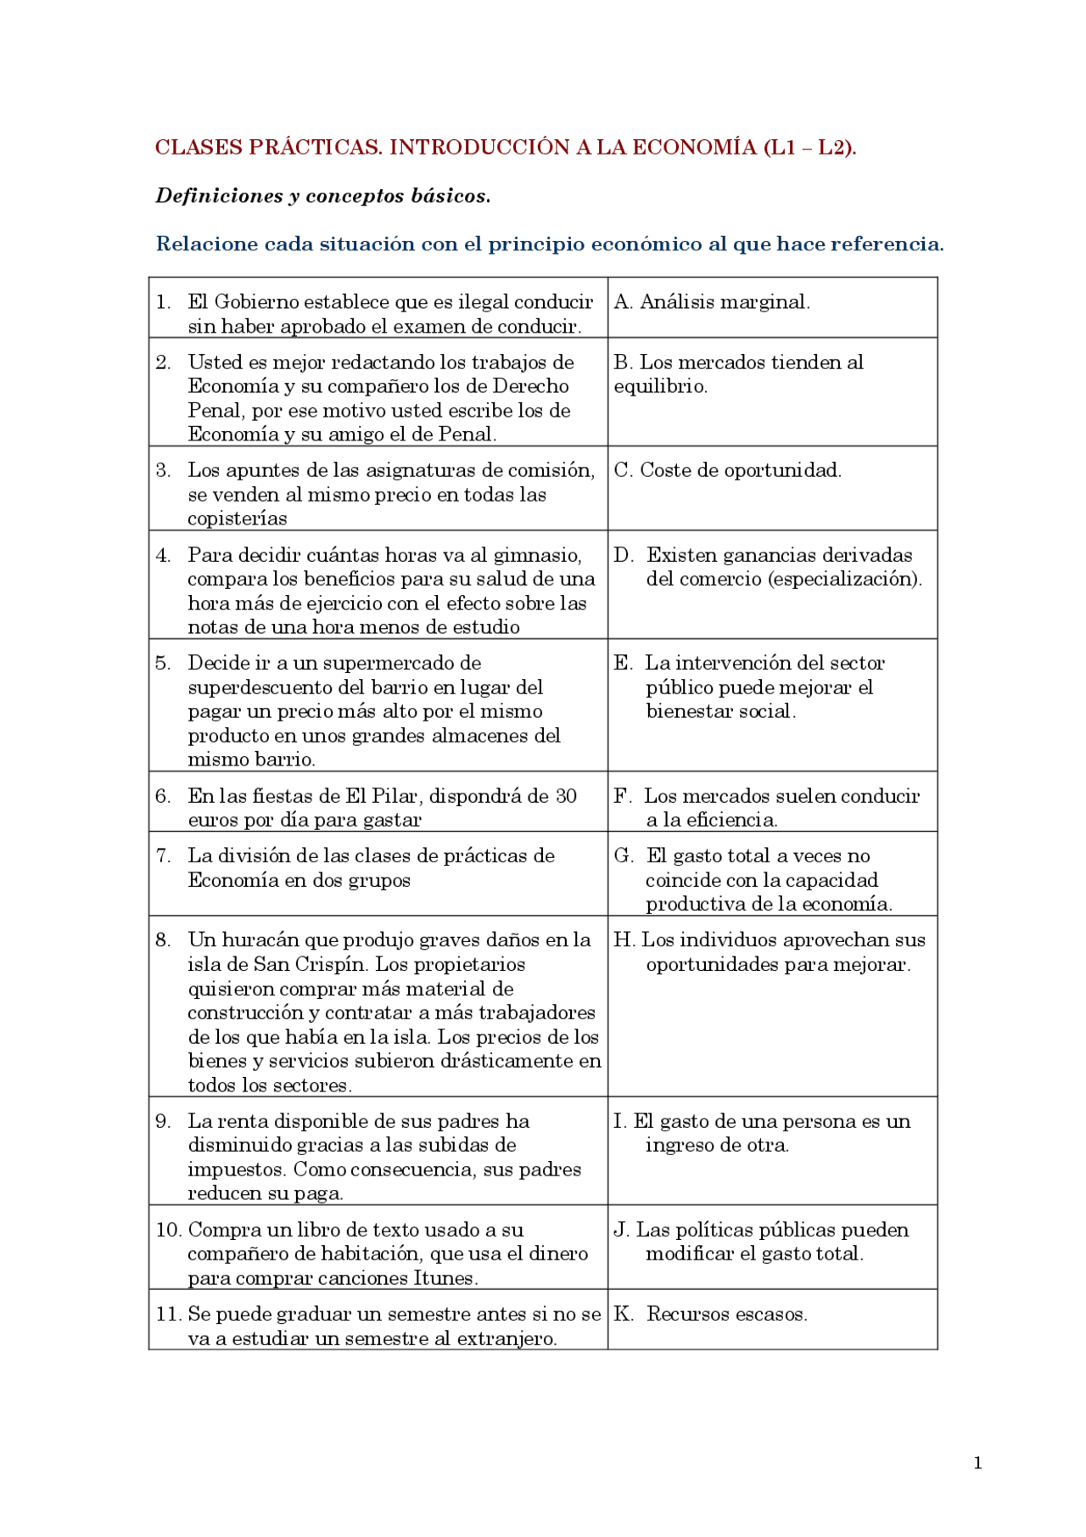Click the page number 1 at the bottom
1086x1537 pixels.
978,1462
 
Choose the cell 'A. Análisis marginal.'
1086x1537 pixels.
712,302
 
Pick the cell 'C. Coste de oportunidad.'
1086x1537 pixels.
727,470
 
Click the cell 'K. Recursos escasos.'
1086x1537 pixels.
710,1314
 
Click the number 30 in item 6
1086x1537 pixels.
566,796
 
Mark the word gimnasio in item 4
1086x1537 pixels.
540,555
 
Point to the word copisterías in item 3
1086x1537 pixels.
238,519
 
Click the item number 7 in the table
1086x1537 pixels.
163,855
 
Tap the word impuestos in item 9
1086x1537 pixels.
237,1170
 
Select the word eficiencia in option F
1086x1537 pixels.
731,820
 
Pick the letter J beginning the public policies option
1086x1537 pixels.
621,1230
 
